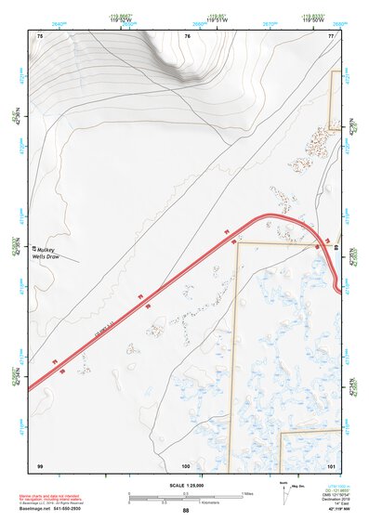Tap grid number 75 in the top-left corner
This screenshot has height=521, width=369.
coord(40,35)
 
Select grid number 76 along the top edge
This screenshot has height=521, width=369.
coord(187,35)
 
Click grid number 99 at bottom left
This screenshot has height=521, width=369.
coord(40,464)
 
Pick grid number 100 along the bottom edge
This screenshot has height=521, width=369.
coord(186,464)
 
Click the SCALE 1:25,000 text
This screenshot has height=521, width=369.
coord(185,486)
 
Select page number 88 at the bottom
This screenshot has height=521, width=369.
coord(185,511)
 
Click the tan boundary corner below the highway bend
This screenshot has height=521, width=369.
coord(237,243)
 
